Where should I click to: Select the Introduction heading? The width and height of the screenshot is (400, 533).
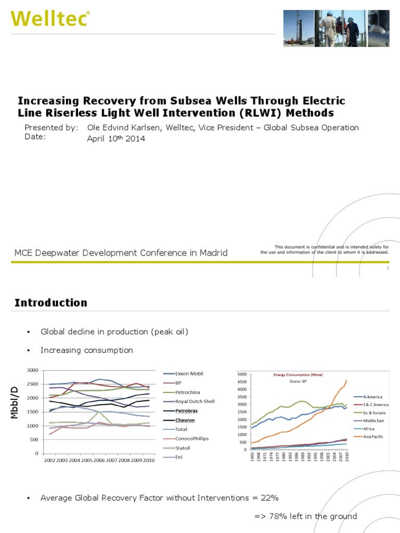click(51, 302)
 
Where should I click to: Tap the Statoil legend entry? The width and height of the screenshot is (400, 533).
click(184, 448)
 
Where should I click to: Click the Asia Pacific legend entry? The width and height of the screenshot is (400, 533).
click(373, 436)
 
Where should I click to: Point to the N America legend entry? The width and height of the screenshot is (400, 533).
click(373, 397)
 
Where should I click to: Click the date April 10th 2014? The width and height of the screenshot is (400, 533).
click(116, 138)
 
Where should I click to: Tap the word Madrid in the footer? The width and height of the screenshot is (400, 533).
click(214, 253)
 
